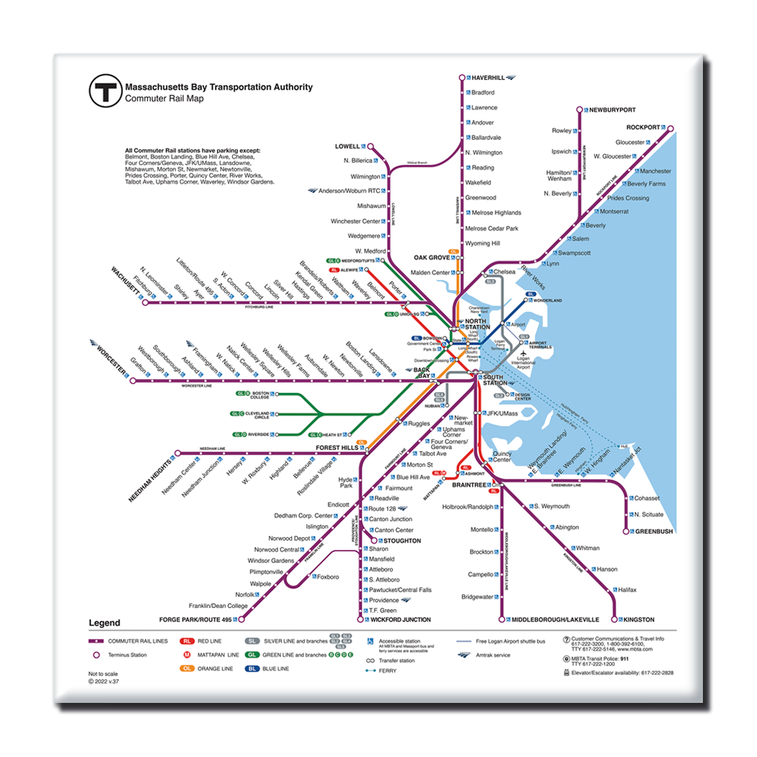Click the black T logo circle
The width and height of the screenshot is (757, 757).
tap(105, 92)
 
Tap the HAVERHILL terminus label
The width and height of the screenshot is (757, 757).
tap(488, 77)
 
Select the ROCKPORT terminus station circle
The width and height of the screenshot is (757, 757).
tap(670, 129)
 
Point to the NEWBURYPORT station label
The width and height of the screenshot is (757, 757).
tap(612, 110)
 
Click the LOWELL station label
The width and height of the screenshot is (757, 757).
tap(347, 146)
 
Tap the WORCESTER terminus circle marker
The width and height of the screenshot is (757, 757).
tap(133, 381)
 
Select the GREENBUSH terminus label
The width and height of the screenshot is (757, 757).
tap(654, 531)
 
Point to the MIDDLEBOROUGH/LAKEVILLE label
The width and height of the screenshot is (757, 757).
tap(555, 620)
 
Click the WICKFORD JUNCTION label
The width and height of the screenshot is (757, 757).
tap(400, 620)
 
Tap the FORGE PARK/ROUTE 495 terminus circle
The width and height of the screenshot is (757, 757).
tap(242, 619)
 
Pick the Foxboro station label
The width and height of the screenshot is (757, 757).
tap(327, 577)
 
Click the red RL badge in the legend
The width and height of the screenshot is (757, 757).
tap(187, 641)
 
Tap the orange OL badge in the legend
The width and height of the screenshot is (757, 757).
tap(187, 669)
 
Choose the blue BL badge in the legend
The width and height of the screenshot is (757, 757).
tap(252, 669)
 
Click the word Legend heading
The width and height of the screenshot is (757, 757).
tap(105, 624)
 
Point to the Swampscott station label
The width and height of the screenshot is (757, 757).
tap(574, 253)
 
